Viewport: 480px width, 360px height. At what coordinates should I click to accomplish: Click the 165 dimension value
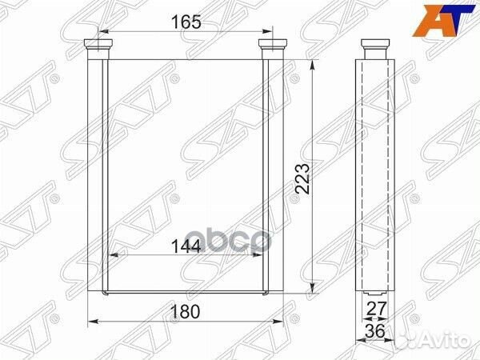(x=186, y=22)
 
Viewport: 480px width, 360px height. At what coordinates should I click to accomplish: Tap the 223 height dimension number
(x=302, y=178)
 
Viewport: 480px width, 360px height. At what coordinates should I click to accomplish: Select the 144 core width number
(x=186, y=246)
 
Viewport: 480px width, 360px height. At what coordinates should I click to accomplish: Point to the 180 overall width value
(x=185, y=312)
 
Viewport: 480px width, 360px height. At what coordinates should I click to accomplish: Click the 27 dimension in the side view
(x=376, y=309)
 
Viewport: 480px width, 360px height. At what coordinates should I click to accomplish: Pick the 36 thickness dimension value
(x=375, y=330)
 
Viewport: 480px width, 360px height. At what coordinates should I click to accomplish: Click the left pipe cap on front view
(x=98, y=44)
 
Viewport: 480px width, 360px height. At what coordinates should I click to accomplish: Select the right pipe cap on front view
(x=273, y=44)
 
